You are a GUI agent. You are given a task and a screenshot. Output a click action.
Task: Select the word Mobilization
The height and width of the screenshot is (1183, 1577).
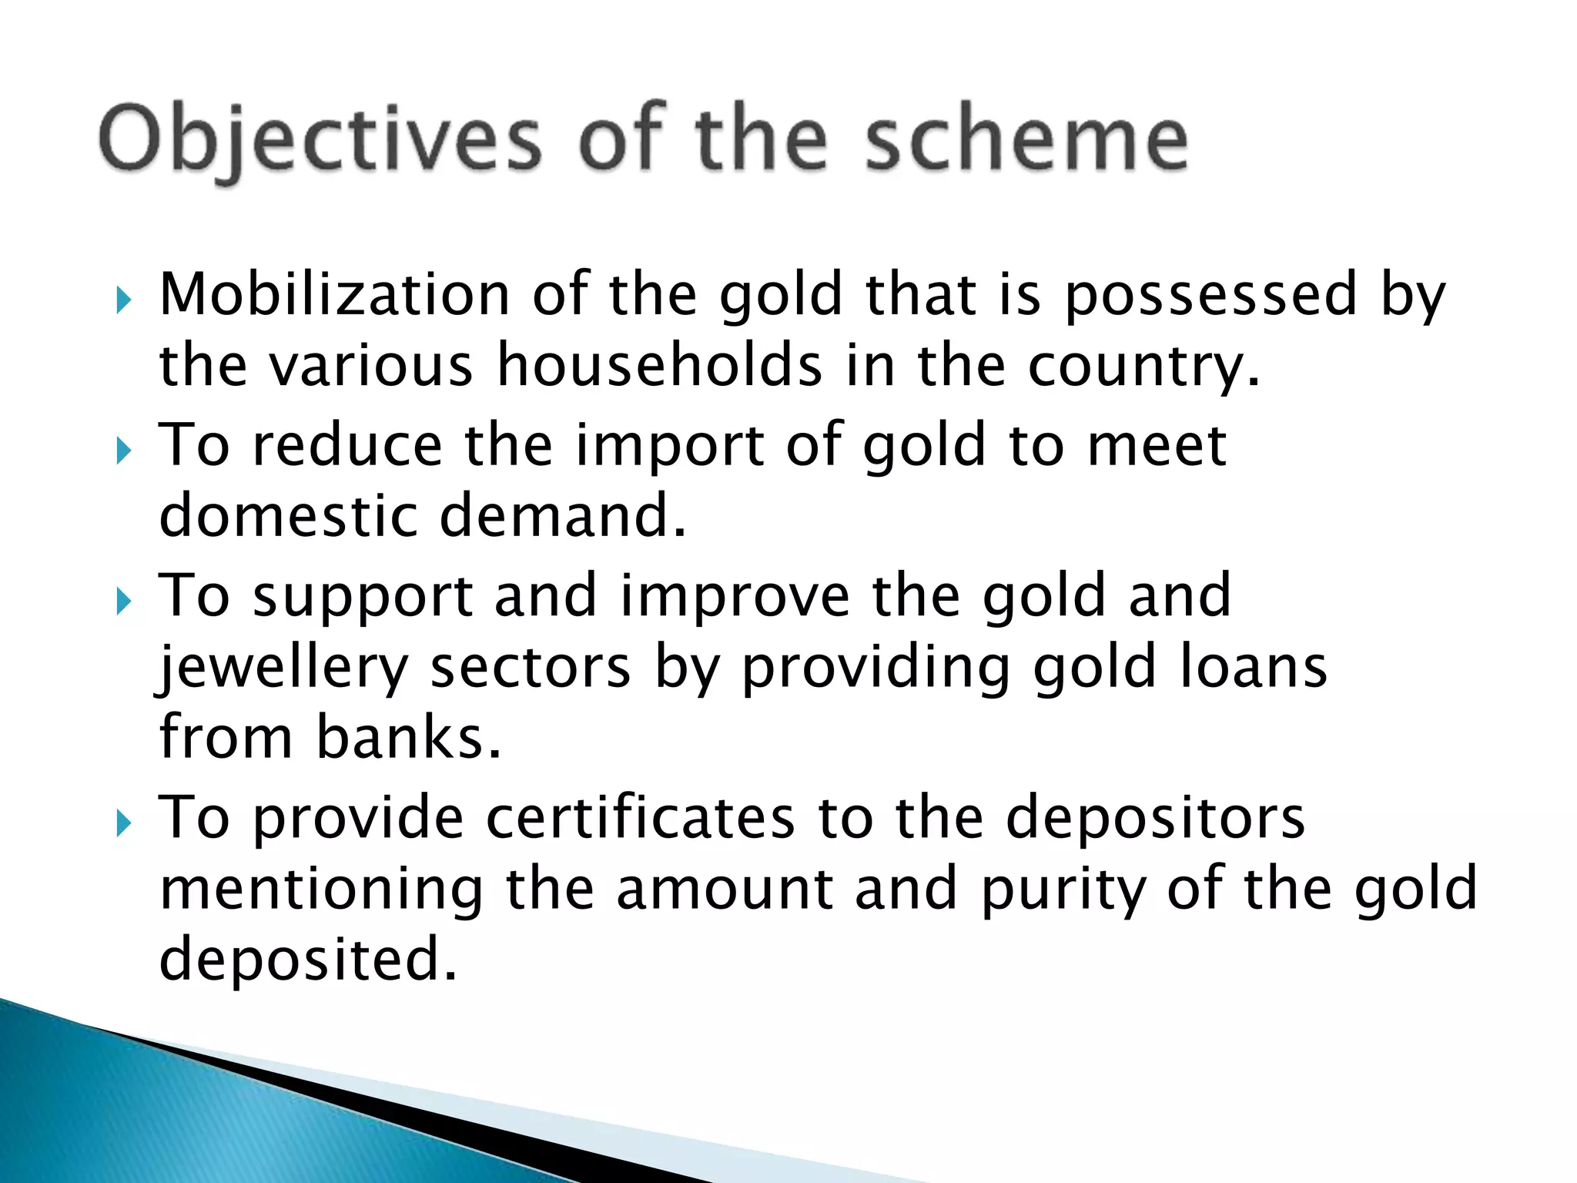coord(335,295)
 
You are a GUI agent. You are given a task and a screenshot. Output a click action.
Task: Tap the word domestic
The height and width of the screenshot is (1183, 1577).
coord(288,515)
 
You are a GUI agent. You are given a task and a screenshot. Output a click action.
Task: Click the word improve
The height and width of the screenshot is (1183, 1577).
coord(735,596)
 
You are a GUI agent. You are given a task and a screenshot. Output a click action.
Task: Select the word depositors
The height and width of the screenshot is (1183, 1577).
coord(1155,818)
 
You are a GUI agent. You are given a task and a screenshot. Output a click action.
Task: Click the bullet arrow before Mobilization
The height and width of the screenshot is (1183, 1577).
coord(124,300)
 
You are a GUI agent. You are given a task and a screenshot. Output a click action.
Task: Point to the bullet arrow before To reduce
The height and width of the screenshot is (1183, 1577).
coord(124,451)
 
